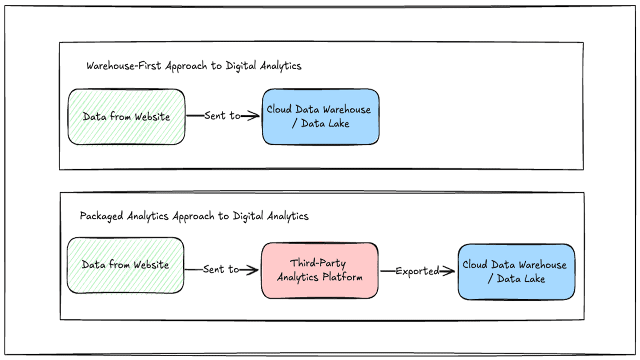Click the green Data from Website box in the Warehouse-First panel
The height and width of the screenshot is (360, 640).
point(126,117)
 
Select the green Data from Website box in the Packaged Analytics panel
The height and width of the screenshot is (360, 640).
point(125,265)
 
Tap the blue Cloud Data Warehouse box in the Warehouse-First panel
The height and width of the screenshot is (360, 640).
point(320,117)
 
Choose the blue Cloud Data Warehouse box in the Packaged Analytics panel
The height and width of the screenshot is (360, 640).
point(516,271)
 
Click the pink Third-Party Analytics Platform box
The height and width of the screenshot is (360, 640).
point(319,270)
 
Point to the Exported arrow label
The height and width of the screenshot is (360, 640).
point(417,271)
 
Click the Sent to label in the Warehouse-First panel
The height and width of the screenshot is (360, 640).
point(222,115)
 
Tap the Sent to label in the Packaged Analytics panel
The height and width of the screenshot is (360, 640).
point(221,269)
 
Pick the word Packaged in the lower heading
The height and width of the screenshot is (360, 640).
point(101,216)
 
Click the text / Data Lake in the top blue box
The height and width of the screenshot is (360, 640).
point(320,123)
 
